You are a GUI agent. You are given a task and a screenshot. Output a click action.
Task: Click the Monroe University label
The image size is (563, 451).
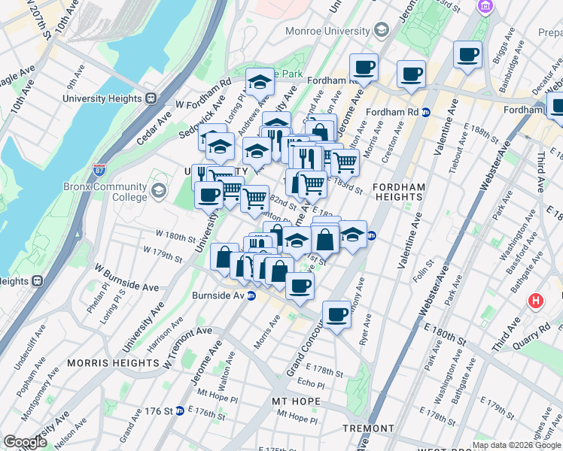click(x=327, y=31)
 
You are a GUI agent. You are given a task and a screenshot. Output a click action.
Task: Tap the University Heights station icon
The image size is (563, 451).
click(x=151, y=98)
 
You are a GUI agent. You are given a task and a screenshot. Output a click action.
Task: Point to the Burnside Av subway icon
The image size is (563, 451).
click(x=253, y=295)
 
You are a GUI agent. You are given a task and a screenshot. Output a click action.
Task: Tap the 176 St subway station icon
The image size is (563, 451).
click(x=179, y=411)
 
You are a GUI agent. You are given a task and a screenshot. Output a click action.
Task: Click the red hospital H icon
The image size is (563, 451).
click(x=535, y=301)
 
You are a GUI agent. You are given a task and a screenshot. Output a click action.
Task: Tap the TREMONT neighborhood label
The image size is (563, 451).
click(x=368, y=428)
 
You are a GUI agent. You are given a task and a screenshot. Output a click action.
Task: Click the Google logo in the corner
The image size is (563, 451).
click(x=26, y=442)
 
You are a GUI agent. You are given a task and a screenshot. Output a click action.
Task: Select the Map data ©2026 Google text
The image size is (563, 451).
click(x=516, y=445)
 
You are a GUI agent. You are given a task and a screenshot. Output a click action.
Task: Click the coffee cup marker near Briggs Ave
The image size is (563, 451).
click(x=467, y=55)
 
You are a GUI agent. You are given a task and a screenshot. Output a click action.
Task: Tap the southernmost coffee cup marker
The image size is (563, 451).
click(x=336, y=313)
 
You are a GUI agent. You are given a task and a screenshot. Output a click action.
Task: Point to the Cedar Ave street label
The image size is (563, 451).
click(x=154, y=124)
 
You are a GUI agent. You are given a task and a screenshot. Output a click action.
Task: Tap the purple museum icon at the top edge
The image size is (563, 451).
click(x=485, y=7)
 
